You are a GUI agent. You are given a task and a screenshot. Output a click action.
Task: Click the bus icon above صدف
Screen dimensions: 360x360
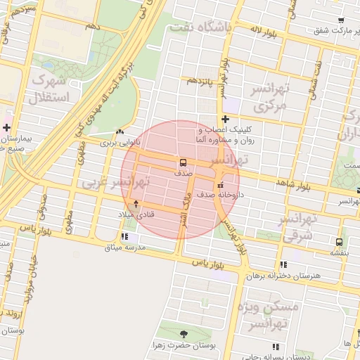183,162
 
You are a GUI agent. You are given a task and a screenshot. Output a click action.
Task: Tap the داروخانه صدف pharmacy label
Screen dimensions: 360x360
221,193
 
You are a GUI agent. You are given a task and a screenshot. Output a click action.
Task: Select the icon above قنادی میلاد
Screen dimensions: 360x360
136,203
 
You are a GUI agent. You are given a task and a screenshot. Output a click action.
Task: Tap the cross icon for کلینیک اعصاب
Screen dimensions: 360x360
225,119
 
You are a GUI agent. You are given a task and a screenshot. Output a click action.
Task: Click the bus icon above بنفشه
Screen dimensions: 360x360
340,240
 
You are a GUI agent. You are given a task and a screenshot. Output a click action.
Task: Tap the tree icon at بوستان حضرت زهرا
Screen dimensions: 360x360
184,334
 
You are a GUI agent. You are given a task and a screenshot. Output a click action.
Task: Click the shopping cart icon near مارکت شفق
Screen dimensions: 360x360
341,20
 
